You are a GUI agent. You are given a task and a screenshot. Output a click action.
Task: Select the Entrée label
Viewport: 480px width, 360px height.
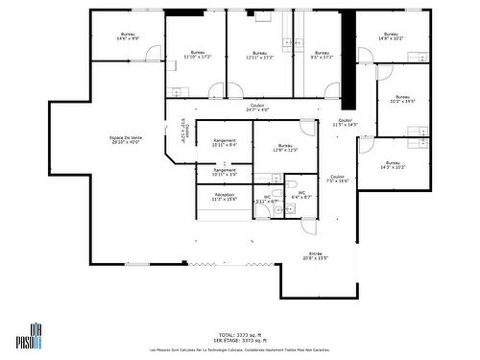point(316,256)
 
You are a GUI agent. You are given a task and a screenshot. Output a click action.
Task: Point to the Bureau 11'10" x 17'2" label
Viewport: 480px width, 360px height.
point(197,55)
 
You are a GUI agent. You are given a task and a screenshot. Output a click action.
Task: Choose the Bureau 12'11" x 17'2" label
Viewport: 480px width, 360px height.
point(259,55)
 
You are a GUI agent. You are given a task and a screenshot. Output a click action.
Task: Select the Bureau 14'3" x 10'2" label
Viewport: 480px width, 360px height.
point(393,165)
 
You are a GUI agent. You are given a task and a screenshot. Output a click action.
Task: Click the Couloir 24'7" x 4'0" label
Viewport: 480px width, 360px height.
point(257,108)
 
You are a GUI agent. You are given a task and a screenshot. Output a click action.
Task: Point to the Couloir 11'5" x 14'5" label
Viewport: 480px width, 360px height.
point(345,123)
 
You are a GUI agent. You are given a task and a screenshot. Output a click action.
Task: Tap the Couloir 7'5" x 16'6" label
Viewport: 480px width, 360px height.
point(337,179)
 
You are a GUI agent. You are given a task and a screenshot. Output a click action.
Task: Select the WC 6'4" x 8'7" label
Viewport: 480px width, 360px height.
point(300,195)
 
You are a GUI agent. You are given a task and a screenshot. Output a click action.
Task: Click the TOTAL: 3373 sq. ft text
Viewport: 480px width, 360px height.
point(240,335)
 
